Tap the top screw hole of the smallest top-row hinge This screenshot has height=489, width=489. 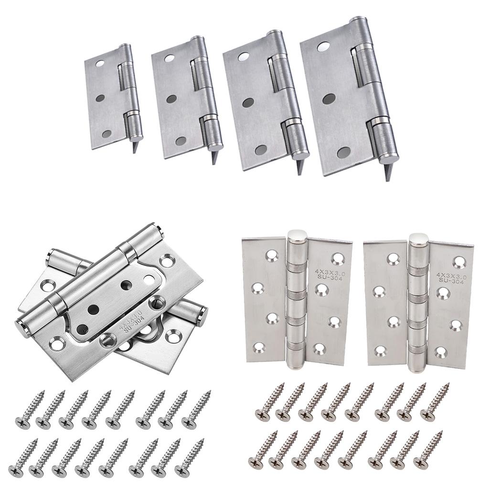tap(100, 64)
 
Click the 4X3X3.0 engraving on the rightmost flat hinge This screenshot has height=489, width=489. tap(452, 276)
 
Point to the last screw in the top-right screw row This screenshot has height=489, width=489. tap(435, 400)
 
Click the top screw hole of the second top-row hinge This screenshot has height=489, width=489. tap(170, 58)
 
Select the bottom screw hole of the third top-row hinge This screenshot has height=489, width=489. tap(261, 150)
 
